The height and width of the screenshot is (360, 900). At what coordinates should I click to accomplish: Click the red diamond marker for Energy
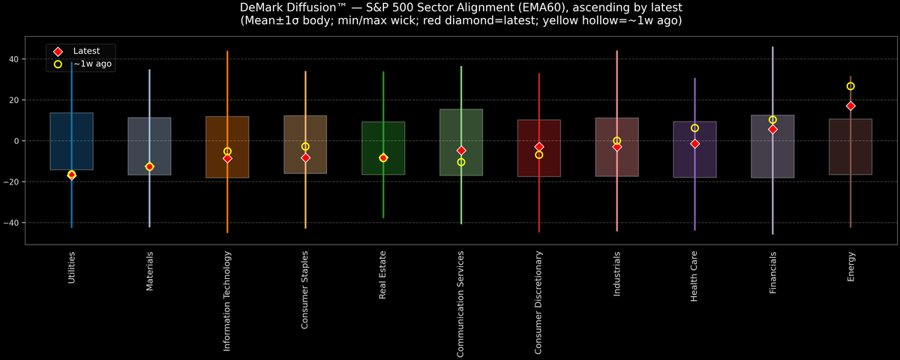click(x=850, y=106)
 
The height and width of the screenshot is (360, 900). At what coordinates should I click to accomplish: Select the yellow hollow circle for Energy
click(x=850, y=86)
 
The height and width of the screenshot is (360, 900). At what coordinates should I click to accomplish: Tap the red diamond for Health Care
click(x=694, y=143)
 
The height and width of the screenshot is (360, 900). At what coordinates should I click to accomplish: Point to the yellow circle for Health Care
click(x=694, y=128)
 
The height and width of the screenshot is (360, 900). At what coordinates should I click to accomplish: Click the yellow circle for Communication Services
click(x=461, y=162)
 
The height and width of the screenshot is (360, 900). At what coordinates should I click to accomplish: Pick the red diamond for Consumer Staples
click(x=305, y=157)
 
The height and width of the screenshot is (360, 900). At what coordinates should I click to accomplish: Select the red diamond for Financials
click(x=772, y=129)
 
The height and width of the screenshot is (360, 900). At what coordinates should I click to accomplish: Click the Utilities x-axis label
click(x=72, y=267)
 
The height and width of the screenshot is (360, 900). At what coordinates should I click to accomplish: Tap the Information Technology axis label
click(x=227, y=301)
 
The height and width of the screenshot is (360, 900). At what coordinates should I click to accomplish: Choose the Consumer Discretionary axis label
click(x=539, y=302)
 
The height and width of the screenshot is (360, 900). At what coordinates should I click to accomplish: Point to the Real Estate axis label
click(x=383, y=275)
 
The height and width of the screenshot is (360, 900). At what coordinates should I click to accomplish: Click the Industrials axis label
click(x=617, y=274)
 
